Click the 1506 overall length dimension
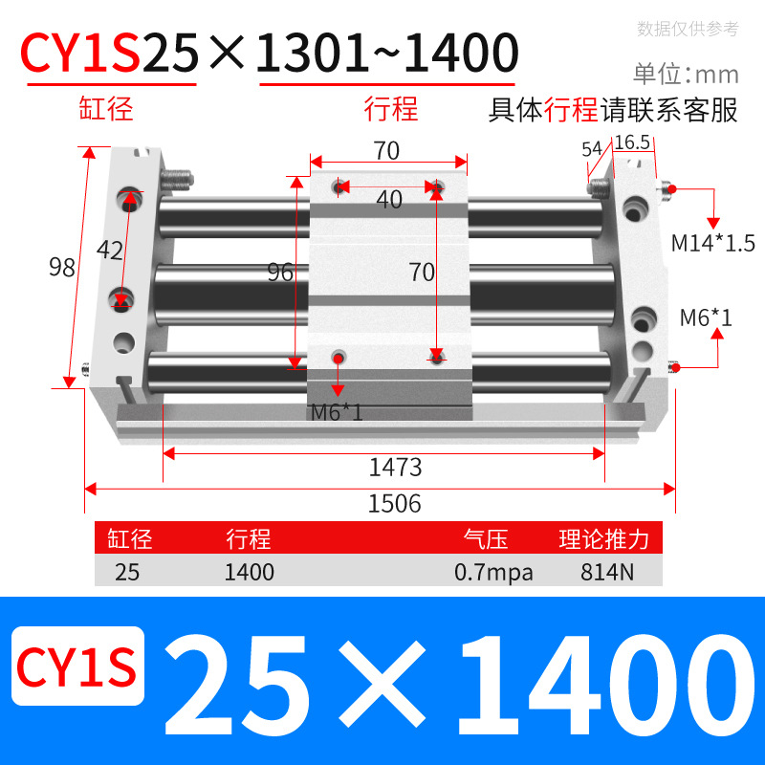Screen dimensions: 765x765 tap(394, 503)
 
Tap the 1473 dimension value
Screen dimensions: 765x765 tap(395, 468)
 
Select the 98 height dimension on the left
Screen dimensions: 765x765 tap(62, 268)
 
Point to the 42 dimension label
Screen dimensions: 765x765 tap(110, 251)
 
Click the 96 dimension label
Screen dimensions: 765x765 tap(280, 273)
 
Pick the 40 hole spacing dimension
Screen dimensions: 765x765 tap(388, 200)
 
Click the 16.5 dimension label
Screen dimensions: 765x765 tap(632, 142)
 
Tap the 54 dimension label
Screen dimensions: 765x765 tap(592, 148)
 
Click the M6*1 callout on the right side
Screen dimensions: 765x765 tap(706, 317)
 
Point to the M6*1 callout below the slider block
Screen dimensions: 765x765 tap(337, 413)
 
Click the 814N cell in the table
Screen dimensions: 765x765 tap(604, 573)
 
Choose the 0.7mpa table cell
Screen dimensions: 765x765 tap(493, 573)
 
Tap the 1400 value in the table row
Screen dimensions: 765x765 tap(250, 573)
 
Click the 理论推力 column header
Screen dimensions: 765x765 tap(604, 539)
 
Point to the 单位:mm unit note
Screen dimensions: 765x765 tap(686, 74)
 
